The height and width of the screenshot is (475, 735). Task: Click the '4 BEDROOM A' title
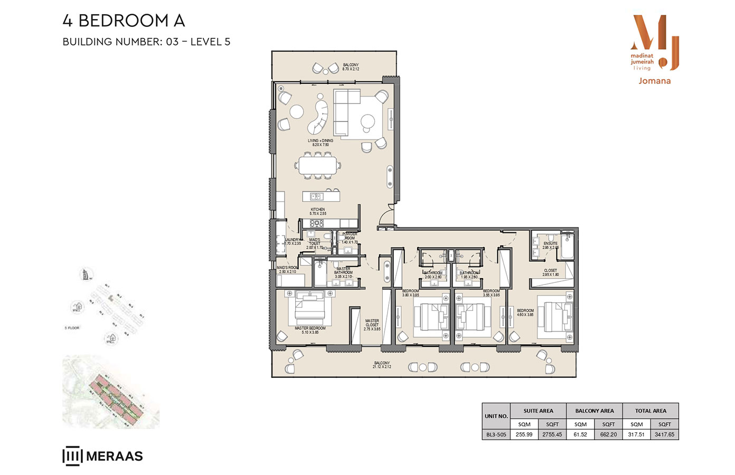click(124, 21)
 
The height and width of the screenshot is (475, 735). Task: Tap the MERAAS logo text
click(114, 456)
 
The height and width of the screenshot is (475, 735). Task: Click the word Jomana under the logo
click(654, 81)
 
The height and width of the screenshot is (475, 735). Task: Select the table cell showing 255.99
click(524, 434)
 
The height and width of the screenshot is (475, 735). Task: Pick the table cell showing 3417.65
click(664, 434)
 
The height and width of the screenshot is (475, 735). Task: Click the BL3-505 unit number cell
click(496, 434)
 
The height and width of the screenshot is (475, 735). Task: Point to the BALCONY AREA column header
click(594, 411)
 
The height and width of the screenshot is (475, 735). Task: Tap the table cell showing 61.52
click(580, 434)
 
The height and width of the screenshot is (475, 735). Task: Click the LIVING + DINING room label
click(321, 142)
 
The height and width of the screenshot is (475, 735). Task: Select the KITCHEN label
click(318, 211)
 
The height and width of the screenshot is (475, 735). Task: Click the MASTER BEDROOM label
click(310, 330)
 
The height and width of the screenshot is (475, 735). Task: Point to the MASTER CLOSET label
click(372, 325)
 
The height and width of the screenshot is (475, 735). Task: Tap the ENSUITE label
click(550, 245)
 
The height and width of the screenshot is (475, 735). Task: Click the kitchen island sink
click(316, 196)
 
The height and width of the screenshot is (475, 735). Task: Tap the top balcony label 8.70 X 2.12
click(351, 67)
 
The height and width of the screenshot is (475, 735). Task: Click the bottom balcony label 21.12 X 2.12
click(382, 365)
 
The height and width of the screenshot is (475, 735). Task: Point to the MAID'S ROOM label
click(287, 270)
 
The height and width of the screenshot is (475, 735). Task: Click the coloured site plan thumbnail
click(111, 392)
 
